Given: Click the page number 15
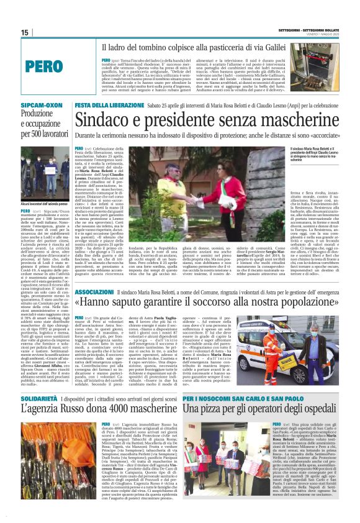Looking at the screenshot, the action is click(x=25, y=32).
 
